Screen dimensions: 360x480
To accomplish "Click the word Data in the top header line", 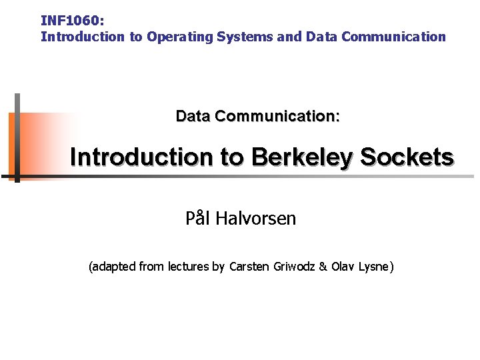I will pyautogui.click(x=321, y=37).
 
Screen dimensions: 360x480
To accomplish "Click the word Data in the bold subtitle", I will pyautogui.click(x=193, y=116).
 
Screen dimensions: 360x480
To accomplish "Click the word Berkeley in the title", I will pyautogui.click(x=303, y=157).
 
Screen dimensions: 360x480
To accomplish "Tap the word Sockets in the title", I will pyautogui.click(x=407, y=157).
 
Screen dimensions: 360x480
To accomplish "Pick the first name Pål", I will pyautogui.click(x=197, y=218).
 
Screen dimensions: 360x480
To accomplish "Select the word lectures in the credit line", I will pyautogui.click(x=189, y=267).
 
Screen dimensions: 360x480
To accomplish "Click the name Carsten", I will pyautogui.click(x=249, y=267).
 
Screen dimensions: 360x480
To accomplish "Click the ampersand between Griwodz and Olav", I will pyautogui.click(x=323, y=267).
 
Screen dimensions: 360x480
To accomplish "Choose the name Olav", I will pyautogui.click(x=343, y=267).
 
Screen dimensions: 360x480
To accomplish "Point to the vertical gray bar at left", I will pyautogui.click(x=17, y=137).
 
